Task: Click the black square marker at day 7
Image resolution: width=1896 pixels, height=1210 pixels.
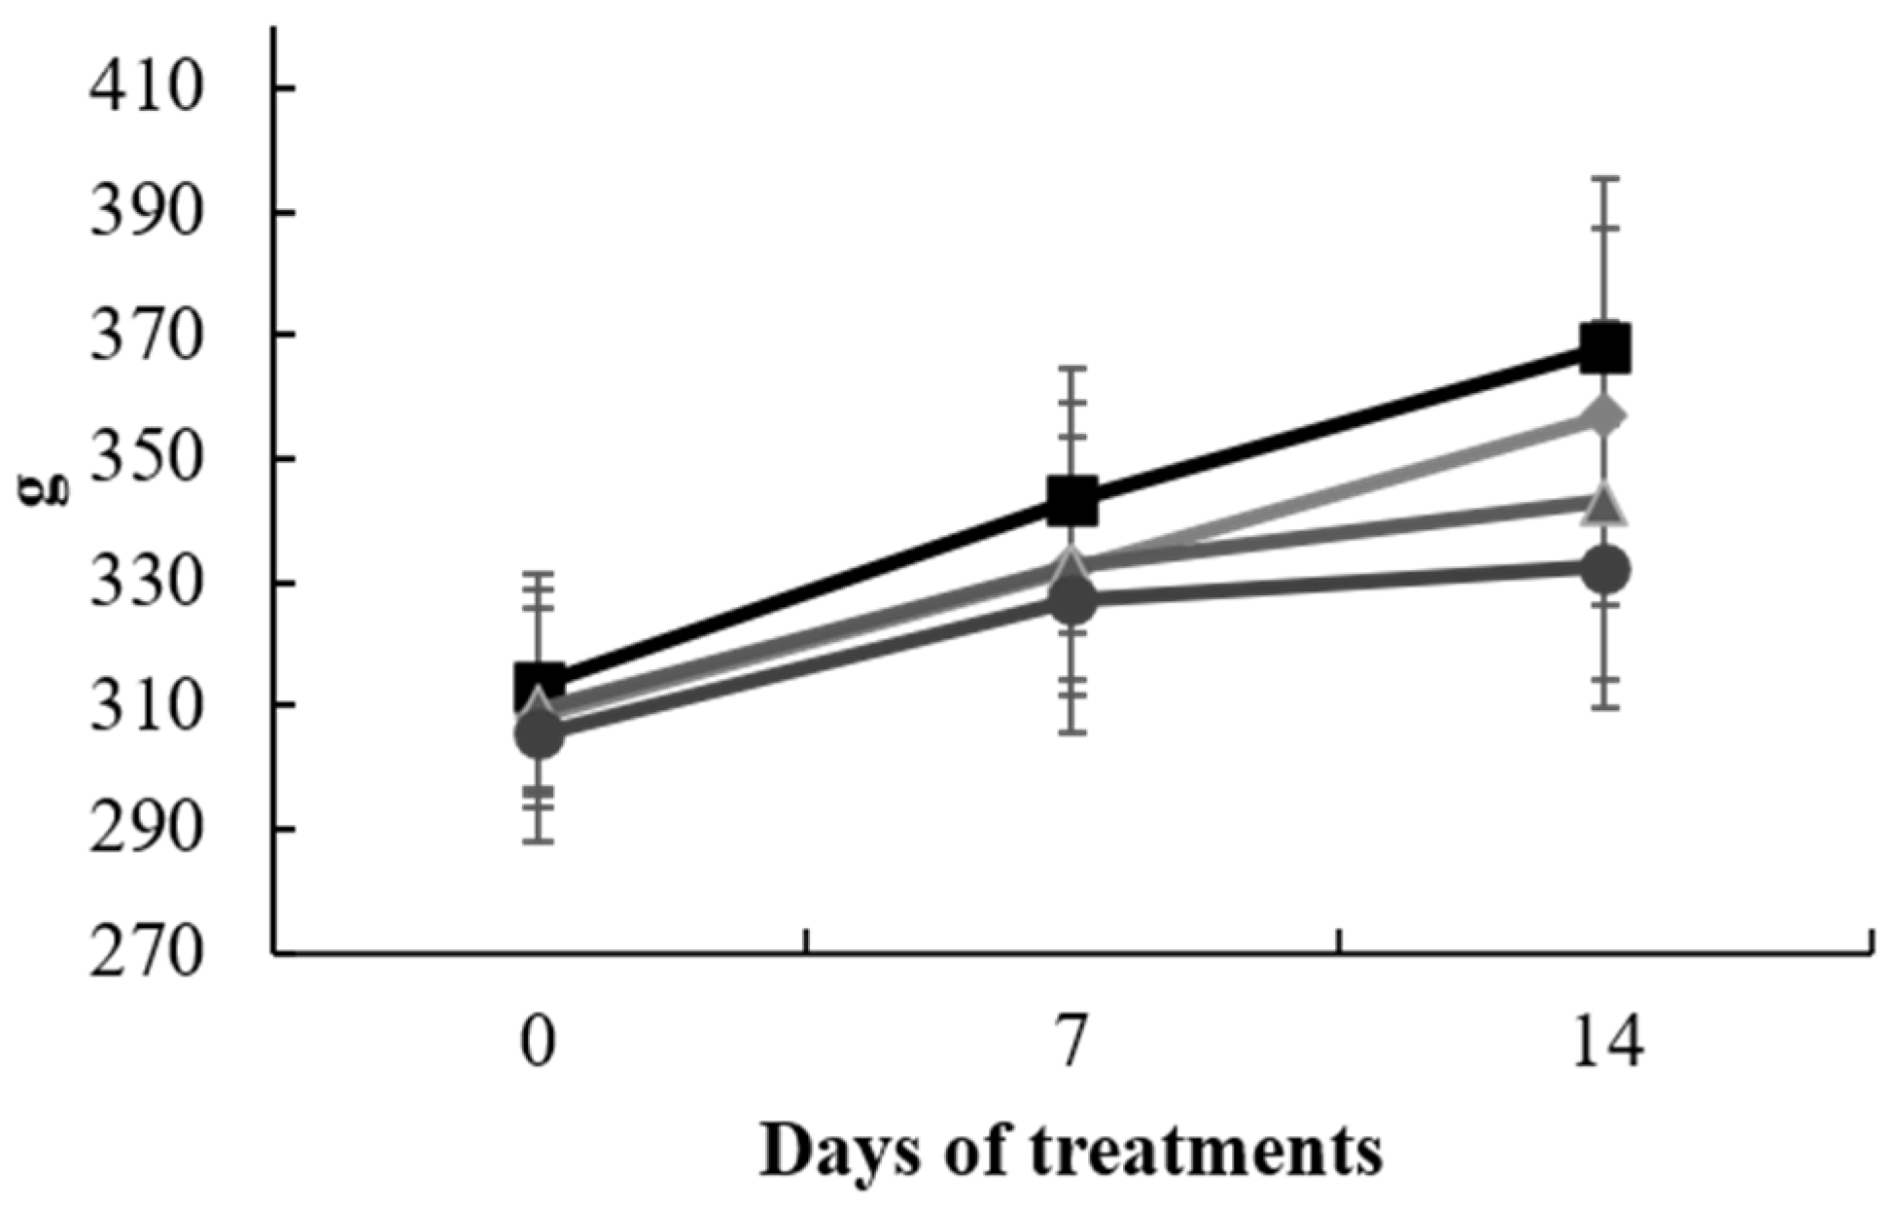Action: (1072, 502)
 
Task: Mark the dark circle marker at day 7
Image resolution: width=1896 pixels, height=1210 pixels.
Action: (1072, 602)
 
